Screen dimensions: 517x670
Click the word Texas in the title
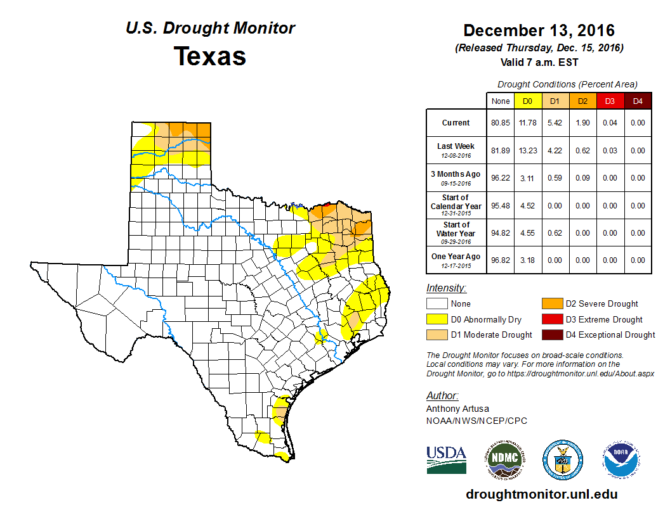(x=210, y=56)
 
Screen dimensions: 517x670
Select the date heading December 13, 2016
(x=539, y=30)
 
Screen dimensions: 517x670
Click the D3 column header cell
(x=610, y=101)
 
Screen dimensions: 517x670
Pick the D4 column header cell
(x=638, y=101)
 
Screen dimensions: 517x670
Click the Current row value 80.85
(x=501, y=123)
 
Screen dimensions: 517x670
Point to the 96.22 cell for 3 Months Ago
(x=501, y=178)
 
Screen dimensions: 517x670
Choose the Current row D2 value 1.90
(x=582, y=123)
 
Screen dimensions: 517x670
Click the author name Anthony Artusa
(x=457, y=409)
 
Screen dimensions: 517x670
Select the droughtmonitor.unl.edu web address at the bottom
(x=541, y=494)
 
